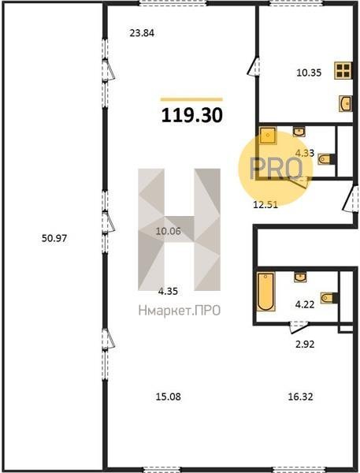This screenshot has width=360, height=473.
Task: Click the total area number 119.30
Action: click(x=192, y=115)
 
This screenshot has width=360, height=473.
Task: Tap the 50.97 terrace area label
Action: click(x=54, y=238)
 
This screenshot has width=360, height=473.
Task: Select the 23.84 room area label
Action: click(x=142, y=33)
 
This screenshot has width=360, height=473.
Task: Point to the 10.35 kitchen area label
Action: click(x=309, y=73)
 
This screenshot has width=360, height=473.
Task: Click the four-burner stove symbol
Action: click(x=343, y=71)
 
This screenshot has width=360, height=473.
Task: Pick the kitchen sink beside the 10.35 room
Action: click(x=346, y=103)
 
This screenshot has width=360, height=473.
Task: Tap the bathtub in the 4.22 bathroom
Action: click(x=265, y=292)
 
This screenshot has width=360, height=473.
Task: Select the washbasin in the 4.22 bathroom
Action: click(x=300, y=277)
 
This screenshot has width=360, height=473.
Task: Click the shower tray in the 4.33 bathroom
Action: click(x=268, y=136)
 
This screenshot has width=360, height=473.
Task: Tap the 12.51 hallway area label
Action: click(x=265, y=205)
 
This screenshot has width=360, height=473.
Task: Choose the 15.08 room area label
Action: click(x=169, y=397)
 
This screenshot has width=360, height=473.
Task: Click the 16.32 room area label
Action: click(x=300, y=397)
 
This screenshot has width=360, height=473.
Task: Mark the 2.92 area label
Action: click(x=305, y=345)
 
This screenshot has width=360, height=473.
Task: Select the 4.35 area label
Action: click(x=168, y=292)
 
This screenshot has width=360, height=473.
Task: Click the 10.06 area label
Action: click(x=169, y=231)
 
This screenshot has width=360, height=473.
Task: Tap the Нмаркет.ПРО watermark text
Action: click(x=180, y=311)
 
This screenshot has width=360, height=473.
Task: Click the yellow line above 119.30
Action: click(x=191, y=99)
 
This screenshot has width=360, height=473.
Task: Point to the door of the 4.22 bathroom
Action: click(x=299, y=327)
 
